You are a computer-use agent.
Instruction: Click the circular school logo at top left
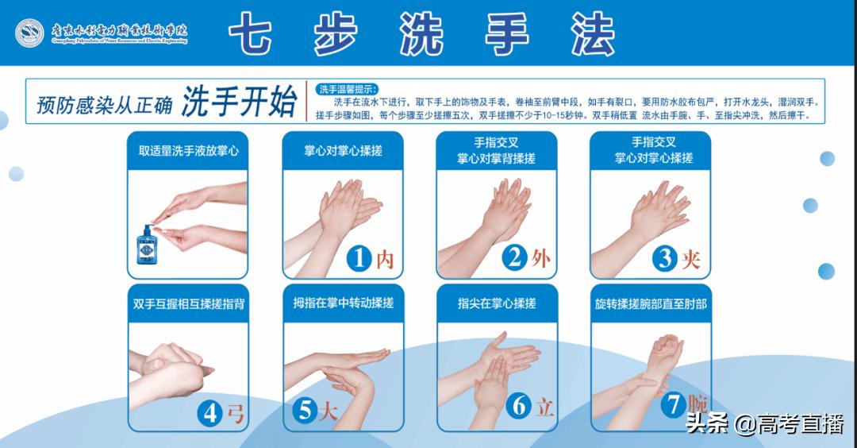pyautogui.click(x=29, y=33)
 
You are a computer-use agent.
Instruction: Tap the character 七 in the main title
pyautogui.click(x=253, y=34)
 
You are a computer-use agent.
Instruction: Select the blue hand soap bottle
pyautogui.click(x=145, y=247)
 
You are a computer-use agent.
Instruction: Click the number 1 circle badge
pyautogui.click(x=360, y=258)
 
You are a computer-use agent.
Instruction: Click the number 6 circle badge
pyautogui.click(x=519, y=406)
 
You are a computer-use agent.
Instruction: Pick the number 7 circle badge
pyautogui.click(x=673, y=404)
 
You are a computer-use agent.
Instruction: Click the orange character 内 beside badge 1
pyautogui.click(x=385, y=259)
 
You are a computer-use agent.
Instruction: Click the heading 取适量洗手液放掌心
pyautogui.click(x=188, y=150)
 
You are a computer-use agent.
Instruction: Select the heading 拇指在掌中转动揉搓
pyautogui.click(x=343, y=303)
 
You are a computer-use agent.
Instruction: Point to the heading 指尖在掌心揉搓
pyautogui.click(x=497, y=303)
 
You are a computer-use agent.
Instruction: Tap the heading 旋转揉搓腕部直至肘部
pyautogui.click(x=651, y=303)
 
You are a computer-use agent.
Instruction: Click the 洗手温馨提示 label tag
pyautogui.click(x=348, y=88)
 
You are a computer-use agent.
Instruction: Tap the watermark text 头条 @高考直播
pyautogui.click(x=764, y=424)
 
